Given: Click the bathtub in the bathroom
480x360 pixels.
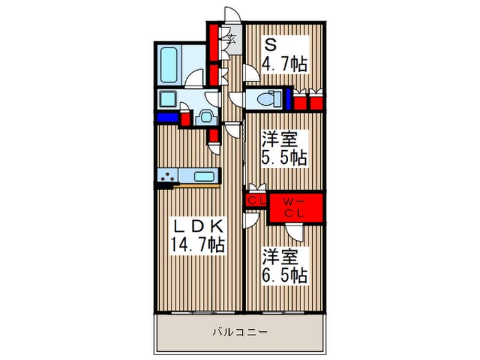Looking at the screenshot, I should tap(169, 64).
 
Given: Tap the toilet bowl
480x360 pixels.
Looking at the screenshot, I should tap(265, 100).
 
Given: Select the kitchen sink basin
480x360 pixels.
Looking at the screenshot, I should tap(204, 176).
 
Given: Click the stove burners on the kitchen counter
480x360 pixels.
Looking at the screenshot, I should tap(166, 177).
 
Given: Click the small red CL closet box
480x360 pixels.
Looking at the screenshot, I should tap(256, 200).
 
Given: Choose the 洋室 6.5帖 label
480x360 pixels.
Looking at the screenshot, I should tap(283, 266).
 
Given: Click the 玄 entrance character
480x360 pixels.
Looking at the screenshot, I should tap(232, 39).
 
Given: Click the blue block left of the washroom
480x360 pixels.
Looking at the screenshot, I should tap(166, 117).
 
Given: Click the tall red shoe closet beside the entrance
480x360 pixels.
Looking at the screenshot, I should tap(214, 43).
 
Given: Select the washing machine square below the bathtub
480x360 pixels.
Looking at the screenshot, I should tap(168, 99).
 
